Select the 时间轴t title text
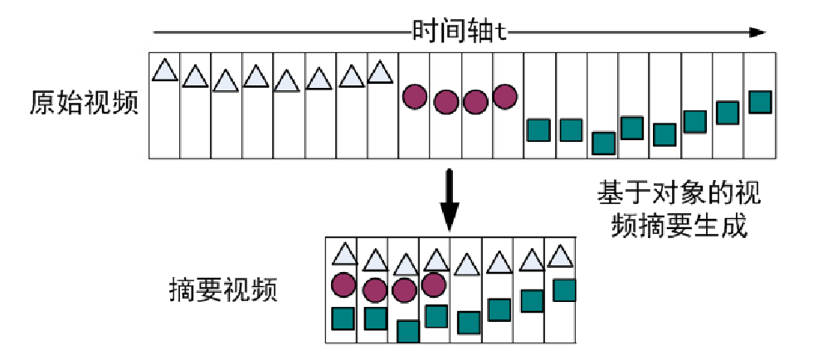click(460, 33)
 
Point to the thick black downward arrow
click(449, 199)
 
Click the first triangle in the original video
click(165, 70)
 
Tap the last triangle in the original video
click(379, 71)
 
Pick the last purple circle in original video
click(504, 96)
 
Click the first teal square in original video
click(539, 130)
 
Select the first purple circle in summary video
click(343, 285)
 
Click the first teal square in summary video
click(343, 318)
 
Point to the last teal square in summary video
click(564, 289)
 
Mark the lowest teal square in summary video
click(407, 330)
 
